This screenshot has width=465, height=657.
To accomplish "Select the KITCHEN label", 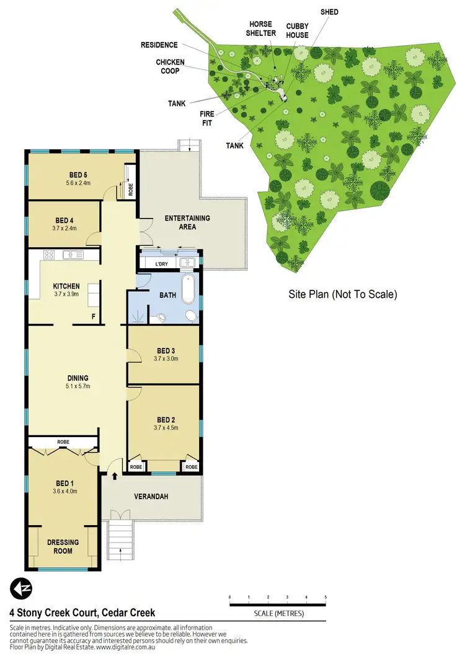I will (66, 286).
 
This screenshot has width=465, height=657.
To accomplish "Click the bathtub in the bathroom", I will (188, 289).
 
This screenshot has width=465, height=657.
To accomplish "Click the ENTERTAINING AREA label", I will (187, 222).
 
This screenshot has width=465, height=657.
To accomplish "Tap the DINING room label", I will (78, 378).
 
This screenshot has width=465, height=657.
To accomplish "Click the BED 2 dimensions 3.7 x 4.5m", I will (164, 427).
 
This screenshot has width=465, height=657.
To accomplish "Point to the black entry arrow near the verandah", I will (115, 476).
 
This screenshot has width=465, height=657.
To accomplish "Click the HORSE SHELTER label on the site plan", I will (261, 29).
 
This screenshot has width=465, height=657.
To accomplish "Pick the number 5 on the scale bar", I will (325, 598).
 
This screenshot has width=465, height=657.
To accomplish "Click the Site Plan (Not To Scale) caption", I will (343, 295).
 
